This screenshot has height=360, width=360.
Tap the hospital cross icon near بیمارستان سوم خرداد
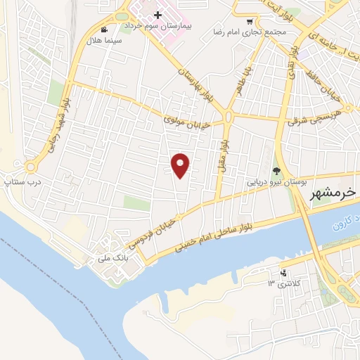[158, 14]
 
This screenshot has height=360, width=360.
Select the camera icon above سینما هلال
[105, 30]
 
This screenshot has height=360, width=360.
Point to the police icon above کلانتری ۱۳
[283, 273]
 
